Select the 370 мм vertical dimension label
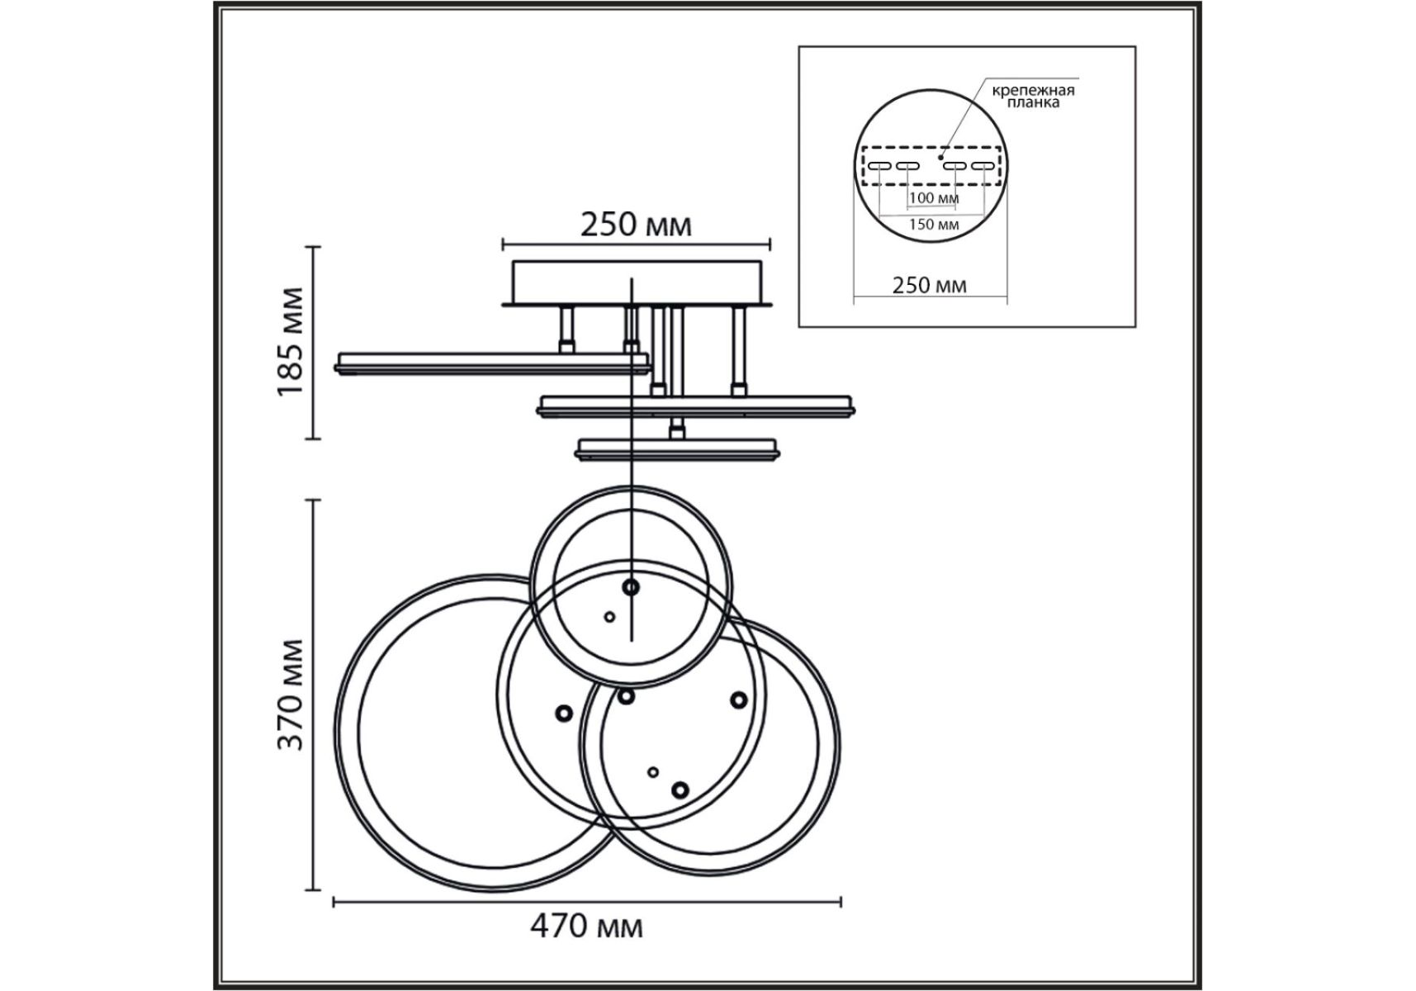(x=291, y=695)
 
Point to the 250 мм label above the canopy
(x=636, y=225)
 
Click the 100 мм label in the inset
(x=934, y=198)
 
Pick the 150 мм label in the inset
(x=934, y=224)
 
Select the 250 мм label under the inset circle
(x=929, y=285)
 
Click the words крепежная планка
(x=1033, y=97)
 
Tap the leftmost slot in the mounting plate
(x=879, y=167)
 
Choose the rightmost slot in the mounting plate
(x=982, y=167)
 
